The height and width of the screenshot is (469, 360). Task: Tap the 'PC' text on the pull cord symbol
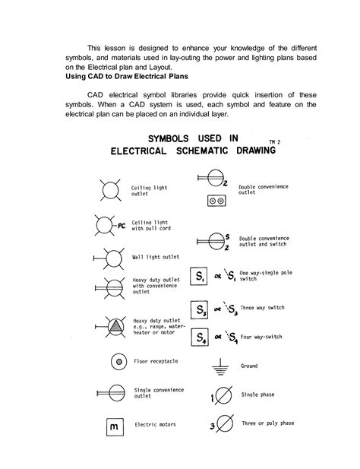point(122,226)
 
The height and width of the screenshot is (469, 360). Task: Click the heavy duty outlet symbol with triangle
point(112,325)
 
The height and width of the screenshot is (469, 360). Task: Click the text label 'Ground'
point(250,366)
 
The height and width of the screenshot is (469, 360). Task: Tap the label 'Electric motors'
point(156,425)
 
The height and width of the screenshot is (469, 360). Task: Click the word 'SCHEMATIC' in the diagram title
point(205,151)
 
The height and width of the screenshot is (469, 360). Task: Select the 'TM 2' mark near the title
point(265,141)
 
